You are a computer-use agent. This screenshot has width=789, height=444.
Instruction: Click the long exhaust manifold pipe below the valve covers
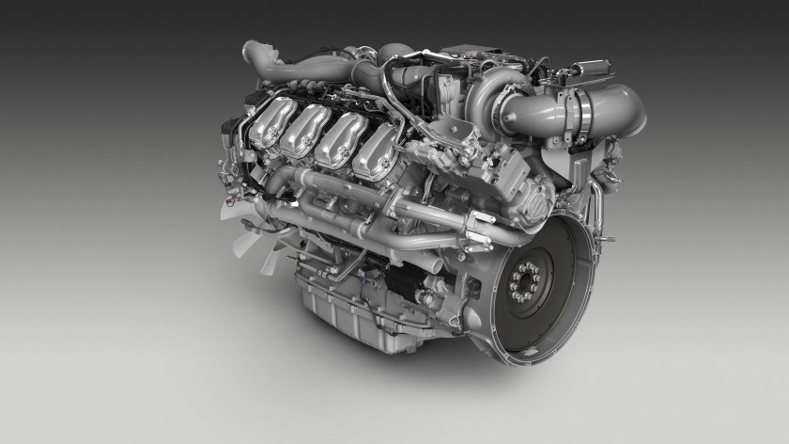click(376, 212)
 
